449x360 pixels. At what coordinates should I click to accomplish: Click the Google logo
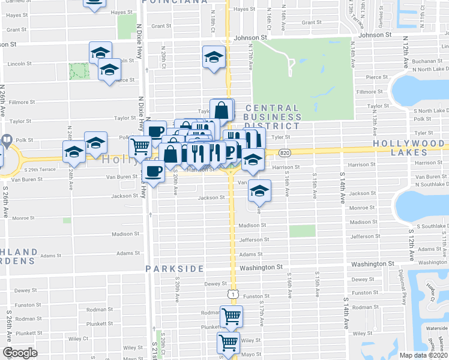click(x=20, y=353)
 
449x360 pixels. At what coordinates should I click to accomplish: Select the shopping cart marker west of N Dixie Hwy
click(x=140, y=145)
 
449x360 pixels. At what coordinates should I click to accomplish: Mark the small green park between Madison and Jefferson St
click(x=302, y=231)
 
